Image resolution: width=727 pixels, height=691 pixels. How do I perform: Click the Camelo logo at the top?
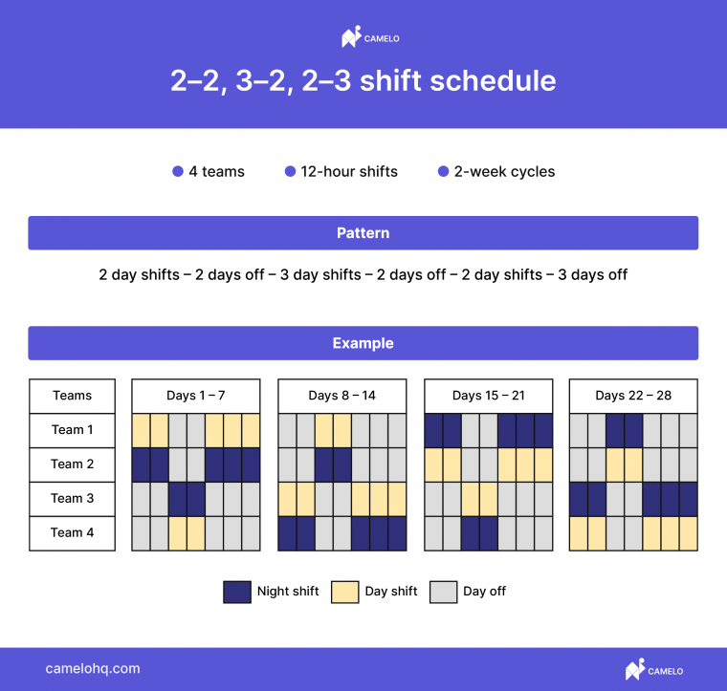[370, 37]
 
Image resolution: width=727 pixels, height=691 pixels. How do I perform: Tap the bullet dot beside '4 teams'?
[178, 172]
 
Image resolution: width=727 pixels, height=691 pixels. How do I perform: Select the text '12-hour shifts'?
[349, 172]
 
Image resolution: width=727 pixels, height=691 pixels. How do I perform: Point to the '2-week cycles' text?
[504, 172]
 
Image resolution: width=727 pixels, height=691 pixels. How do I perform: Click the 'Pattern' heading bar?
[363, 233]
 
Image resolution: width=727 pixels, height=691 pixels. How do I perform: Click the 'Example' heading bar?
[363, 343]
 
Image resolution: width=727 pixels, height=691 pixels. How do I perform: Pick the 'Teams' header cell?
[73, 396]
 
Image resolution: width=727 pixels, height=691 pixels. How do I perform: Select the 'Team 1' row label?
[73, 430]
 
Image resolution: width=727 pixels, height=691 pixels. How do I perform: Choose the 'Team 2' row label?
[73, 464]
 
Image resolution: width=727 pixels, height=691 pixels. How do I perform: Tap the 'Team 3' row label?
[73, 499]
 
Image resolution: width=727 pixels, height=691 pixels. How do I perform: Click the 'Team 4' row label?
[73, 533]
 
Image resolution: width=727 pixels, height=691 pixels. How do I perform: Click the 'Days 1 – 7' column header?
[195, 396]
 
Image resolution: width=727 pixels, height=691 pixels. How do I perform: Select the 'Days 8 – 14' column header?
[341, 396]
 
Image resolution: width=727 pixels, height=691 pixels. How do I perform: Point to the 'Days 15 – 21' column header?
[488, 396]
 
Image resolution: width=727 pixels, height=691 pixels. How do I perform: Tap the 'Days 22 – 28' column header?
[633, 396]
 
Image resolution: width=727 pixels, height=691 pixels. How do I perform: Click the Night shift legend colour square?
[236, 592]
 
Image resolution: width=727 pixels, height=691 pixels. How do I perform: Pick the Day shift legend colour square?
[344, 592]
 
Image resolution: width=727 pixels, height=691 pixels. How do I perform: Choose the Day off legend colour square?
[442, 592]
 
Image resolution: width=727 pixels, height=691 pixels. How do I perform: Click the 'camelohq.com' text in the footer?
[93, 669]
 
